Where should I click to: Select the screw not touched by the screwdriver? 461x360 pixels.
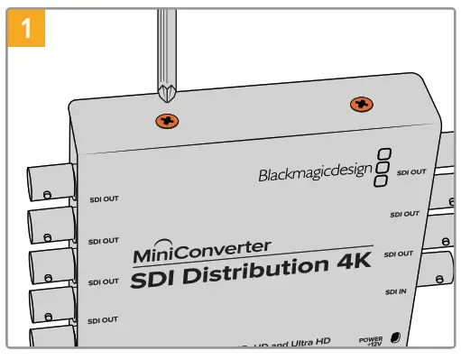click(361, 105)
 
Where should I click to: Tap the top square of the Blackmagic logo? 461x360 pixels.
click(385, 153)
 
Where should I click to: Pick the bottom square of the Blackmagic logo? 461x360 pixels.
click(381, 182)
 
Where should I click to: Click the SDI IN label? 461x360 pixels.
click(396, 292)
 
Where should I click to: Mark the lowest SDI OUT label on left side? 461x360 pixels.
click(104, 320)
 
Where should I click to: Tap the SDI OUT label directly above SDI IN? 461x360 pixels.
click(399, 254)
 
